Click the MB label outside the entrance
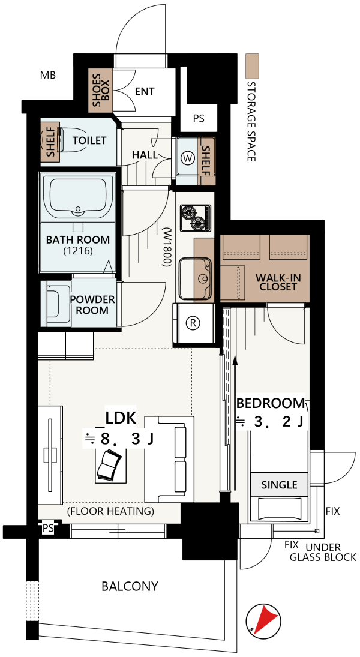click(48, 76)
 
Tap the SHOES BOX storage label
click(101, 89)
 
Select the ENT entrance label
click(145, 91)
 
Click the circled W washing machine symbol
click(188, 158)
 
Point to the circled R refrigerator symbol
click(194, 323)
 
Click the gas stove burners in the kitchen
click(196, 218)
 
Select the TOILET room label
click(89, 140)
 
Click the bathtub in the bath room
click(77, 197)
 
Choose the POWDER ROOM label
click(92, 305)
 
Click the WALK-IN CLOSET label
click(278, 282)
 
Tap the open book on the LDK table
click(109, 464)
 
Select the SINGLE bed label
click(279, 485)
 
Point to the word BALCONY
click(130, 586)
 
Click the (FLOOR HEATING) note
click(110, 511)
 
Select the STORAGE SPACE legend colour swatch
click(252, 66)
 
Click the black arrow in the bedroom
click(235, 423)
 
